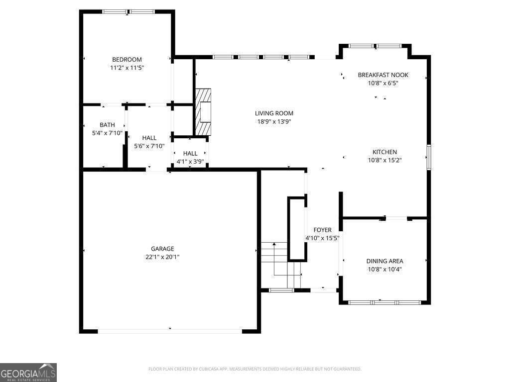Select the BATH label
pos(107,125)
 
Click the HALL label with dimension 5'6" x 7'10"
pos(149,138)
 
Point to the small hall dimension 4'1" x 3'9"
pos(190,162)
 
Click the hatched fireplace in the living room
pos(203,112)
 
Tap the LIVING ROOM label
pos(273,113)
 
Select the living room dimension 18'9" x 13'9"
pos(273,121)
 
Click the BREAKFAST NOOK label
pos(382,75)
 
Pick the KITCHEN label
pos(384,152)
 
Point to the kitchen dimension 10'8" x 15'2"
pos(384,160)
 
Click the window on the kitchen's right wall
pos(428,157)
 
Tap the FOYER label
pos(322,230)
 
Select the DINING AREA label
pos(384,261)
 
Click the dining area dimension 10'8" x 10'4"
pos(384,269)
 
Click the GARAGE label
pos(162,249)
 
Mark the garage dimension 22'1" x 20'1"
pos(162,257)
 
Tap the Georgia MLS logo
pos(28,373)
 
